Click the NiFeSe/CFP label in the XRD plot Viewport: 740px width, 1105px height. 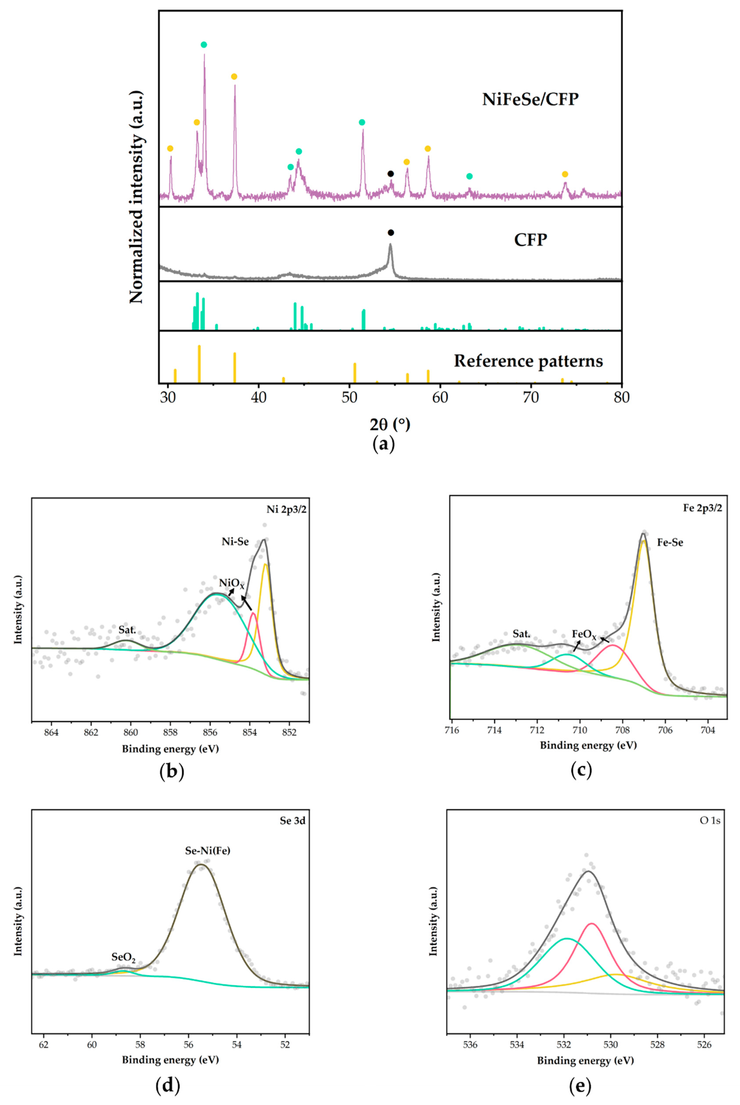click(x=530, y=99)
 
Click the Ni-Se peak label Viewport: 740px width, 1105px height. click(x=235, y=542)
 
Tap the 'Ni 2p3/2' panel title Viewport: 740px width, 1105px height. click(x=287, y=510)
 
